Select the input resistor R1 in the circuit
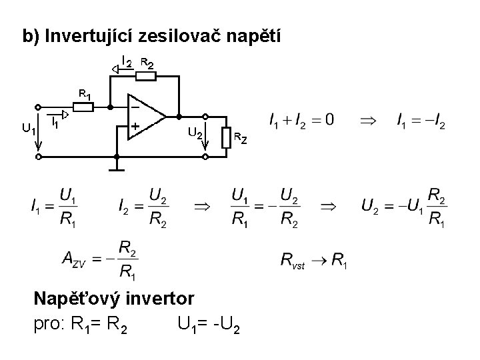pos(83,106)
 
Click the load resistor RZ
pos(227,138)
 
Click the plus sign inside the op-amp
pos(135,125)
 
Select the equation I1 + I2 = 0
pos(302,121)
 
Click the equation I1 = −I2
pos(421,121)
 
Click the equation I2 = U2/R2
pos(144,207)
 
